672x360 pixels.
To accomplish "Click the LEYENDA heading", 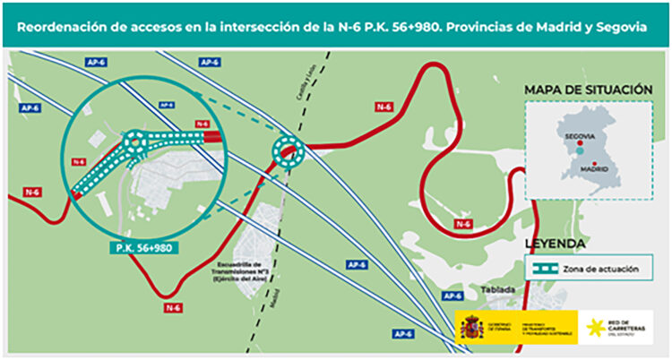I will coord(556,244).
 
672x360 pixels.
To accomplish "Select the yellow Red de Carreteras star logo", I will coord(595,327).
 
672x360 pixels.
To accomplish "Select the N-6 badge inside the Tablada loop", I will coord(462,223).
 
